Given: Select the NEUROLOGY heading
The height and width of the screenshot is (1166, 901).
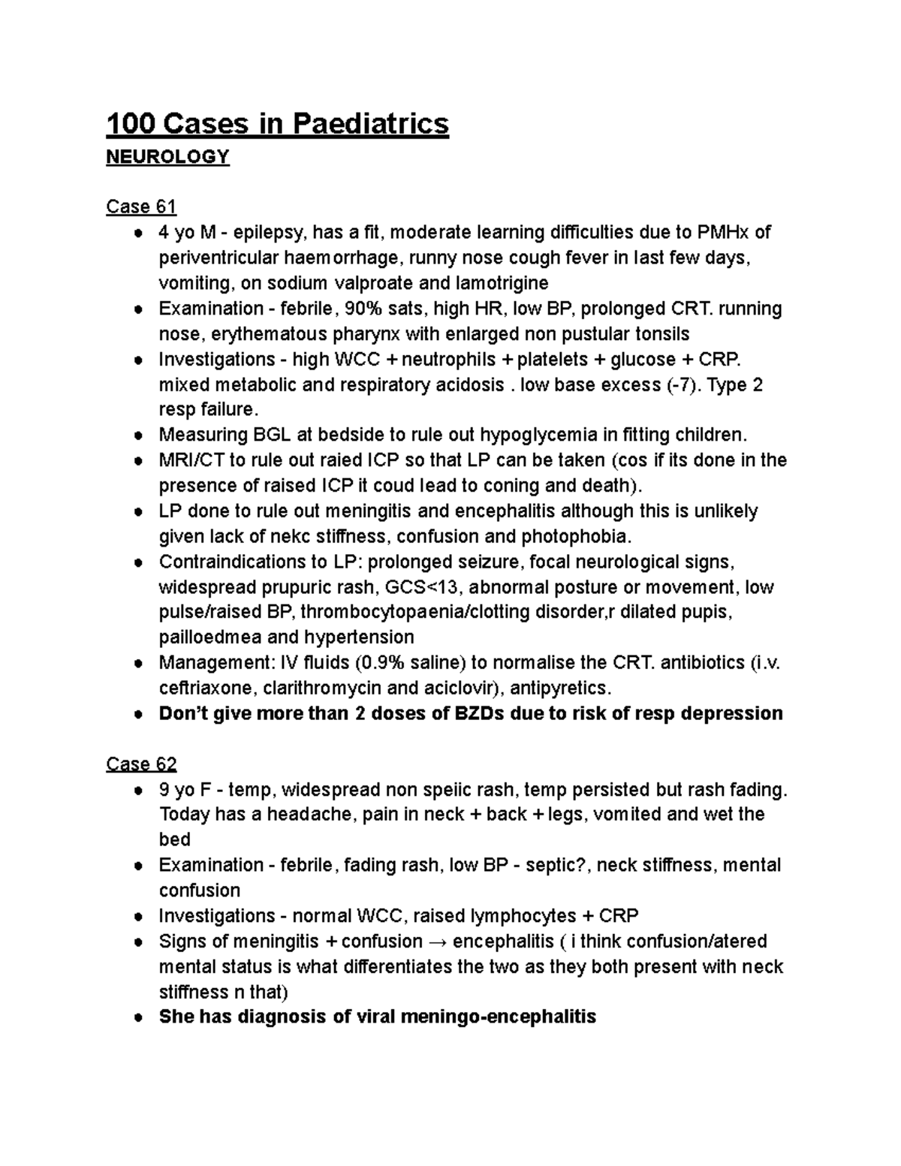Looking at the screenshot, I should (167, 157).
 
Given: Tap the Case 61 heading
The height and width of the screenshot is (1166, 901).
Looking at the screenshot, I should (141, 206).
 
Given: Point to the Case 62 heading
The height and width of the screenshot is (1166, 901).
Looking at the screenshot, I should (141, 764).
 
